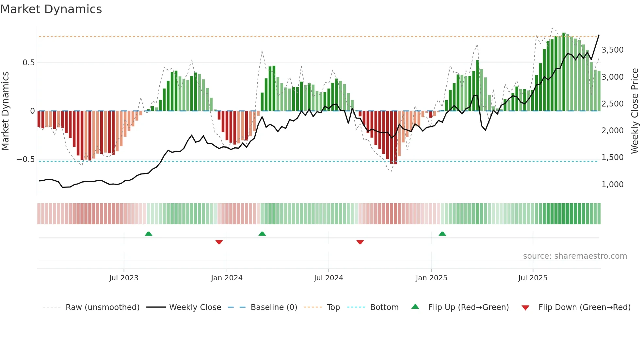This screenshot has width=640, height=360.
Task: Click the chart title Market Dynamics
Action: [51, 9]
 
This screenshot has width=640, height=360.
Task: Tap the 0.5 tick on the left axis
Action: [28, 63]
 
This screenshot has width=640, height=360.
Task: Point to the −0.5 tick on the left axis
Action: [25, 159]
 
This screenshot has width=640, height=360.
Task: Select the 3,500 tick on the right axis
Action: [612, 50]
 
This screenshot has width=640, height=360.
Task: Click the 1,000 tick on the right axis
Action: [612, 185]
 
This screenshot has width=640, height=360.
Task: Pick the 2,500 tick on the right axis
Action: [612, 104]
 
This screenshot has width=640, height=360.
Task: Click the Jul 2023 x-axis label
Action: [124, 278]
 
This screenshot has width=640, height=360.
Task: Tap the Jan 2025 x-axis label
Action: [431, 278]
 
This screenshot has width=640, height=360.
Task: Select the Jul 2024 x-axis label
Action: [328, 278]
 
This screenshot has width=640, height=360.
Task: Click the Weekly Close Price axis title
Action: [634, 111]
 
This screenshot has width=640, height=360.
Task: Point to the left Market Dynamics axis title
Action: [5, 111]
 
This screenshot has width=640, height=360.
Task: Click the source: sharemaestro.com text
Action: [575, 256]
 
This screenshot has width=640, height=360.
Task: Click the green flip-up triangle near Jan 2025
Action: [442, 234]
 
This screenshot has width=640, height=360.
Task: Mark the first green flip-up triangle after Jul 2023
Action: [149, 234]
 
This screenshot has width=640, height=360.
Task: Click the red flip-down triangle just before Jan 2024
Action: [219, 242]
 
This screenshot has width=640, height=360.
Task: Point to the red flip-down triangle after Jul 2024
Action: [360, 242]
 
